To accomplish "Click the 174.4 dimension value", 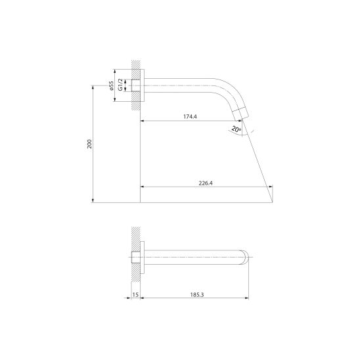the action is coord(190,117).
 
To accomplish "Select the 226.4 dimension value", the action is coord(206,183).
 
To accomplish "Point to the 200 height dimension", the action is coord(89,144).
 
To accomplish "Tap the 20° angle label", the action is coord(236,129).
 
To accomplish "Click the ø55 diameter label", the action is coord(111,85).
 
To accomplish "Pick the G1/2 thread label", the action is coord(120,85).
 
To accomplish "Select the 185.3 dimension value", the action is coord(197,294).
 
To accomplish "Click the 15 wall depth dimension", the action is coord(135,294).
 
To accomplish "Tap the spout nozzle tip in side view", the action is coord(240,114).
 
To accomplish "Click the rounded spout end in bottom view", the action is coord(244,257).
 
